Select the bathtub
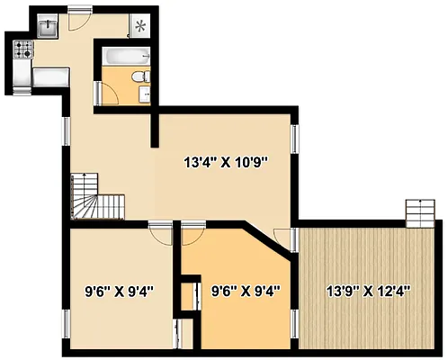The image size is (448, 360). point(119,58)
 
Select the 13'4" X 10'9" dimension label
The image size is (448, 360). point(226,163)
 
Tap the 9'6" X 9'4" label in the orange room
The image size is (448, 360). point(246,291)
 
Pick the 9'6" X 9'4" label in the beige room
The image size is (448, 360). point(119,291)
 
